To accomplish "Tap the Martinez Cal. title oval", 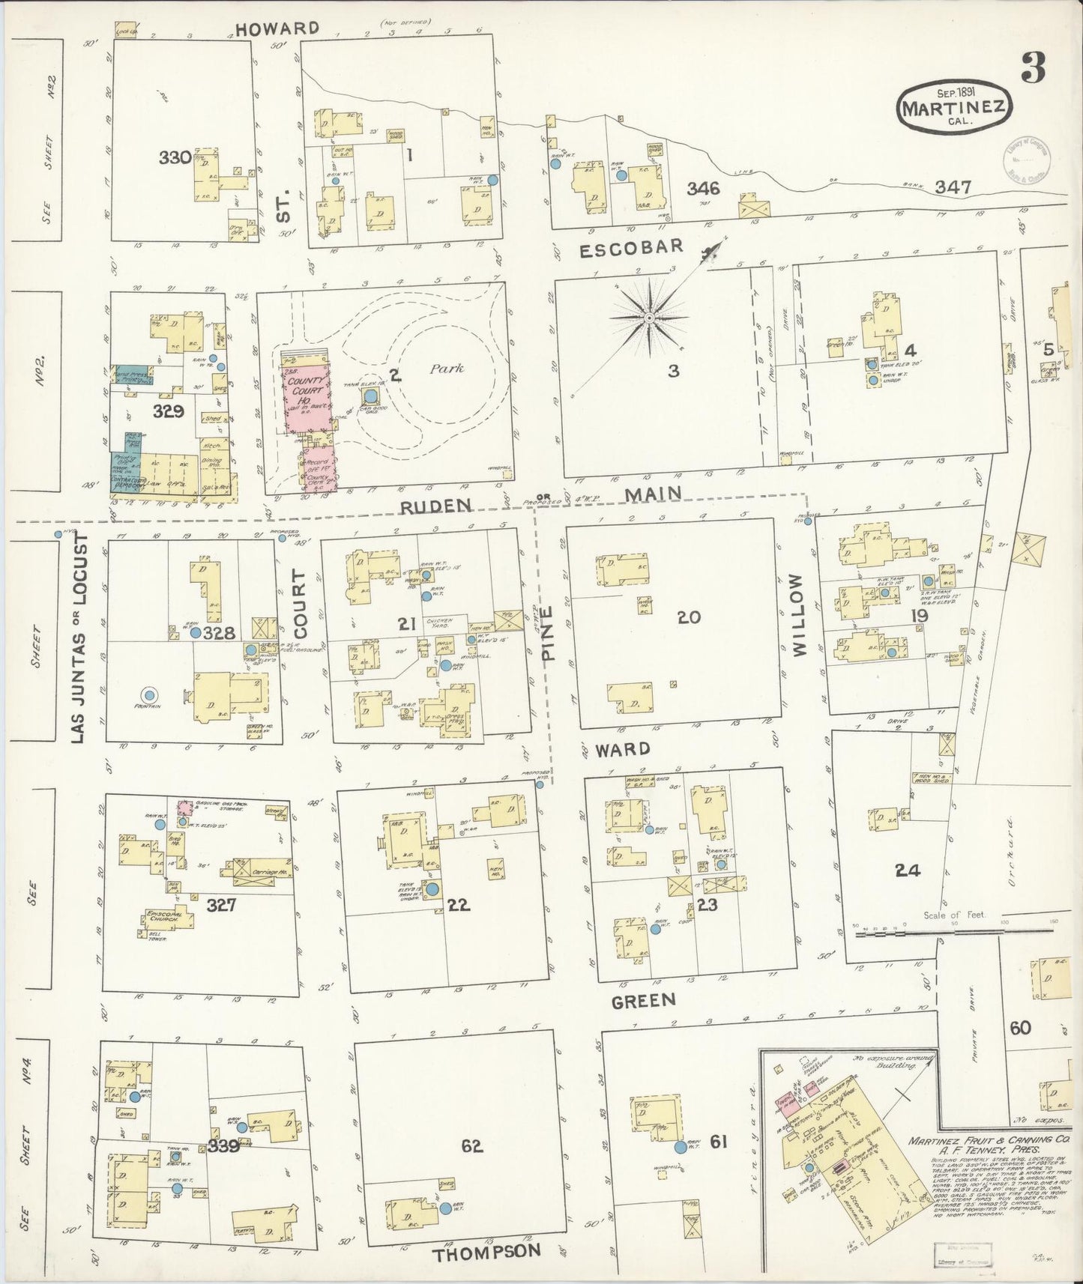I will click(x=954, y=109).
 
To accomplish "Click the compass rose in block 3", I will click(x=649, y=318).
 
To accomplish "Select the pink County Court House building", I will click(x=305, y=393).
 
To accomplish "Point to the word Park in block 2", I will click(x=447, y=369).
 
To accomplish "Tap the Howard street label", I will click(x=277, y=29).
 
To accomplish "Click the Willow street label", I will click(x=797, y=616).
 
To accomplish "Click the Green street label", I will click(x=643, y=1000).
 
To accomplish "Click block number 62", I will click(x=472, y=1145).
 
